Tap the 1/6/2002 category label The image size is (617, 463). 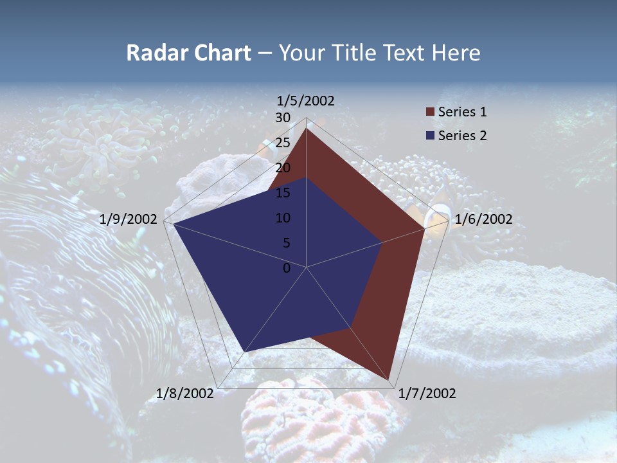coord(483,219)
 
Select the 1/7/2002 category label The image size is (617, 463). coord(427,394)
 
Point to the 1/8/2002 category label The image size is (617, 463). coord(185,394)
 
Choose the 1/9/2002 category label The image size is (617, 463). coord(129,219)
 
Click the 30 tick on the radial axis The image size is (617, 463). coord(283,118)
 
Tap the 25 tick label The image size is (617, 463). coord(283,143)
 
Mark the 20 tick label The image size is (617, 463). coord(283,168)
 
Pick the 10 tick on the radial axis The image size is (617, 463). coord(283,218)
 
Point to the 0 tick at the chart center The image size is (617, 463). coord(287,268)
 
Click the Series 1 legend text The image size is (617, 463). coord(462,112)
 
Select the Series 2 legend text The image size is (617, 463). coord(462,136)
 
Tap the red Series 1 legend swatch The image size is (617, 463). coord(431,112)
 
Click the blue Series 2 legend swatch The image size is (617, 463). coord(431,136)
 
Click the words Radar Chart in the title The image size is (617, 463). coord(188,53)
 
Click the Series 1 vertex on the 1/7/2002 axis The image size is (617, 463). coord(389,380)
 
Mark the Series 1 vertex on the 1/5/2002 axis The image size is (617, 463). coord(306,128)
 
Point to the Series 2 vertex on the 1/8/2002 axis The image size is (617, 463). coord(244,352)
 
